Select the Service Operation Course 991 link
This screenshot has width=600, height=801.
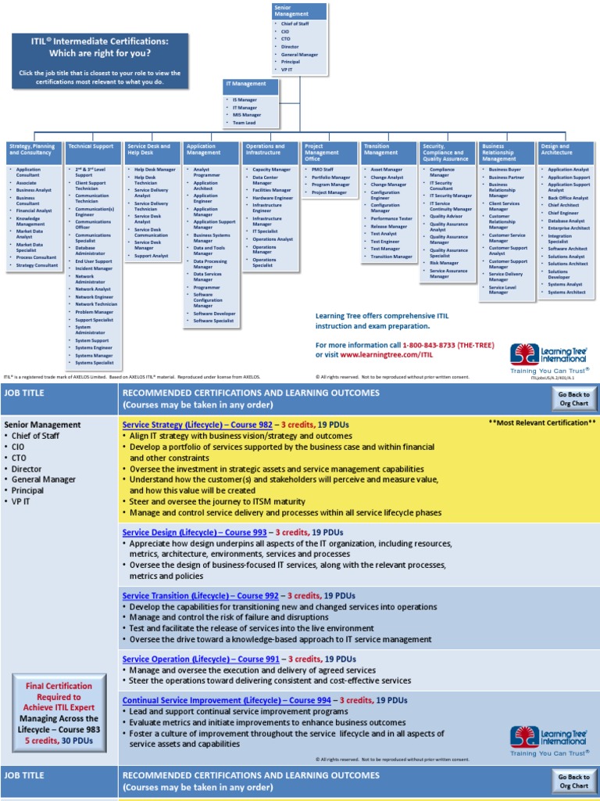(201, 659)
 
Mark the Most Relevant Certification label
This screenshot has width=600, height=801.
(542, 422)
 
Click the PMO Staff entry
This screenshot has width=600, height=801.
(323, 170)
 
